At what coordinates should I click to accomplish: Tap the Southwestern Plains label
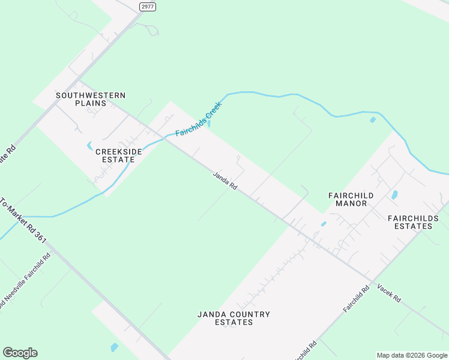91,99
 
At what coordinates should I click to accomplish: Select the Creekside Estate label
119,156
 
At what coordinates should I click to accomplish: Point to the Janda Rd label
225,181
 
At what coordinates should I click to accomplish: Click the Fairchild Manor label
351,199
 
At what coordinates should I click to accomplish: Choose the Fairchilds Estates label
410,222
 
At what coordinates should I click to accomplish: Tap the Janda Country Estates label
234,318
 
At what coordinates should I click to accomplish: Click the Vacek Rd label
389,292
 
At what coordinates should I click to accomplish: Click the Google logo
20,353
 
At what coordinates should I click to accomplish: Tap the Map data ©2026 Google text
412,355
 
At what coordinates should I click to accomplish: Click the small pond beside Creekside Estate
90,146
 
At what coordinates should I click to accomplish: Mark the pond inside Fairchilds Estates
394,195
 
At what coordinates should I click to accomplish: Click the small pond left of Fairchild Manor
324,224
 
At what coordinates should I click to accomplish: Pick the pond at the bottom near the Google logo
114,347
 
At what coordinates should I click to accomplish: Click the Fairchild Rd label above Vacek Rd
357,298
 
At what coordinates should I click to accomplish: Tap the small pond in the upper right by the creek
373,120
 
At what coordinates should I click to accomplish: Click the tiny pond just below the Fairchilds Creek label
208,124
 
